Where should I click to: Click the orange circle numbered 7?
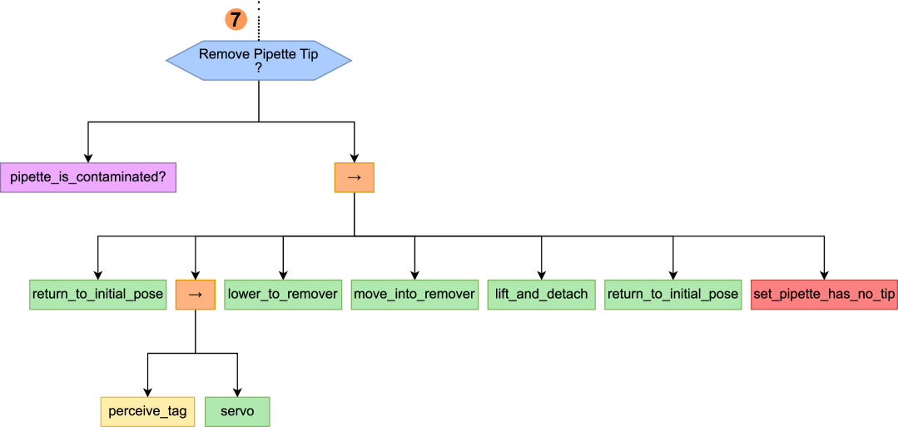click(236, 19)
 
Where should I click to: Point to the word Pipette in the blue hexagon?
click(275, 55)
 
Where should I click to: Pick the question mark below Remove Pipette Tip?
click(259, 68)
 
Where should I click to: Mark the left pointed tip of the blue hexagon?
click(166, 61)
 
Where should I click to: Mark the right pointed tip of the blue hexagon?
click(351, 61)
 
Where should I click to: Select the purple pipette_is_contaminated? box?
click(88, 177)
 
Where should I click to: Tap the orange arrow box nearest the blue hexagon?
click(354, 177)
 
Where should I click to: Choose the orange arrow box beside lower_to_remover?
click(195, 295)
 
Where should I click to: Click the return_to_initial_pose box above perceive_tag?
click(97, 295)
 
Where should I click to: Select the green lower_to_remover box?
click(283, 295)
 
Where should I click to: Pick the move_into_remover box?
click(414, 295)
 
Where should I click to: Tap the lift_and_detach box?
click(541, 295)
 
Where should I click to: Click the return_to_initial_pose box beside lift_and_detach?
click(672, 295)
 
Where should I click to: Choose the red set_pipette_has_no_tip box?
click(824, 295)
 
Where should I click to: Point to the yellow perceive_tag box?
click(148, 412)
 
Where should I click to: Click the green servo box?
click(237, 412)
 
